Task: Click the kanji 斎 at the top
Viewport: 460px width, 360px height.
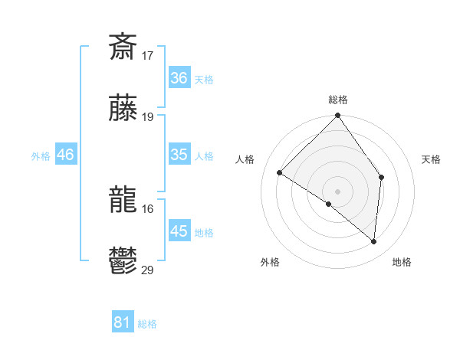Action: (123, 47)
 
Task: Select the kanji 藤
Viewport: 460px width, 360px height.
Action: (123, 109)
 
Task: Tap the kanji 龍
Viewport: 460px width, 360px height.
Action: (123, 200)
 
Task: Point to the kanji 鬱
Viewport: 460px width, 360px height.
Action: (123, 262)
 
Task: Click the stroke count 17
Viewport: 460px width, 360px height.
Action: (148, 56)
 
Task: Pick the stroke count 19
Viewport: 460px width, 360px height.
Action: (148, 117)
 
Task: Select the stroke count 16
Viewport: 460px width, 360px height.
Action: (148, 208)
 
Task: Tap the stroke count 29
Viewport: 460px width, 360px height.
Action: (148, 270)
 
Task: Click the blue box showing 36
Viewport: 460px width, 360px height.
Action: (179, 78)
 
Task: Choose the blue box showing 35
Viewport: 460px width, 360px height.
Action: (179, 155)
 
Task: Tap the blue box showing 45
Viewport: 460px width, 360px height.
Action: (179, 231)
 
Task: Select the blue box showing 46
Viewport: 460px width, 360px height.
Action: (65, 155)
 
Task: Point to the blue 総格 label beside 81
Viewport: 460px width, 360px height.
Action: (147, 324)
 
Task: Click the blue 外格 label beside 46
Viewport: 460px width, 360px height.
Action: (41, 156)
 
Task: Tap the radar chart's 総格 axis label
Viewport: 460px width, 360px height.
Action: (337, 100)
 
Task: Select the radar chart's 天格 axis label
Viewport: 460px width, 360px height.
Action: (431, 159)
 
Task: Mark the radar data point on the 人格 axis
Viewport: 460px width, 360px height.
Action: (280, 173)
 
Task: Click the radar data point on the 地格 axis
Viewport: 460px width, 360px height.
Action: (373, 241)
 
